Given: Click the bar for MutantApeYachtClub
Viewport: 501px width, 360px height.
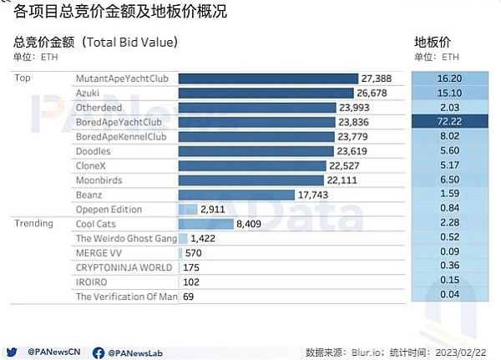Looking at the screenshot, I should [267, 78].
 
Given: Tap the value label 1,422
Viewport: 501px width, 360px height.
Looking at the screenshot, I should [201, 239].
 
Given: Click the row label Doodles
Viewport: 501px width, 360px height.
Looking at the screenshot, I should [93, 151].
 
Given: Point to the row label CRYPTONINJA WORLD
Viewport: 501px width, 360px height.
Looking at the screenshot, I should [124, 268].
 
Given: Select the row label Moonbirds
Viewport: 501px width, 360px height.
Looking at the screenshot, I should [99, 180].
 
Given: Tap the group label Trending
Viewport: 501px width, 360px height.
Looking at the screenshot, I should [33, 224].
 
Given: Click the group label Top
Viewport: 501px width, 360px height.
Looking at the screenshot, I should [23, 78].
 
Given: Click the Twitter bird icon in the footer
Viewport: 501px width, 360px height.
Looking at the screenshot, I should [13, 352].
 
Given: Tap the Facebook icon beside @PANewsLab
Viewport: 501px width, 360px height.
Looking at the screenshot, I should [99, 352].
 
